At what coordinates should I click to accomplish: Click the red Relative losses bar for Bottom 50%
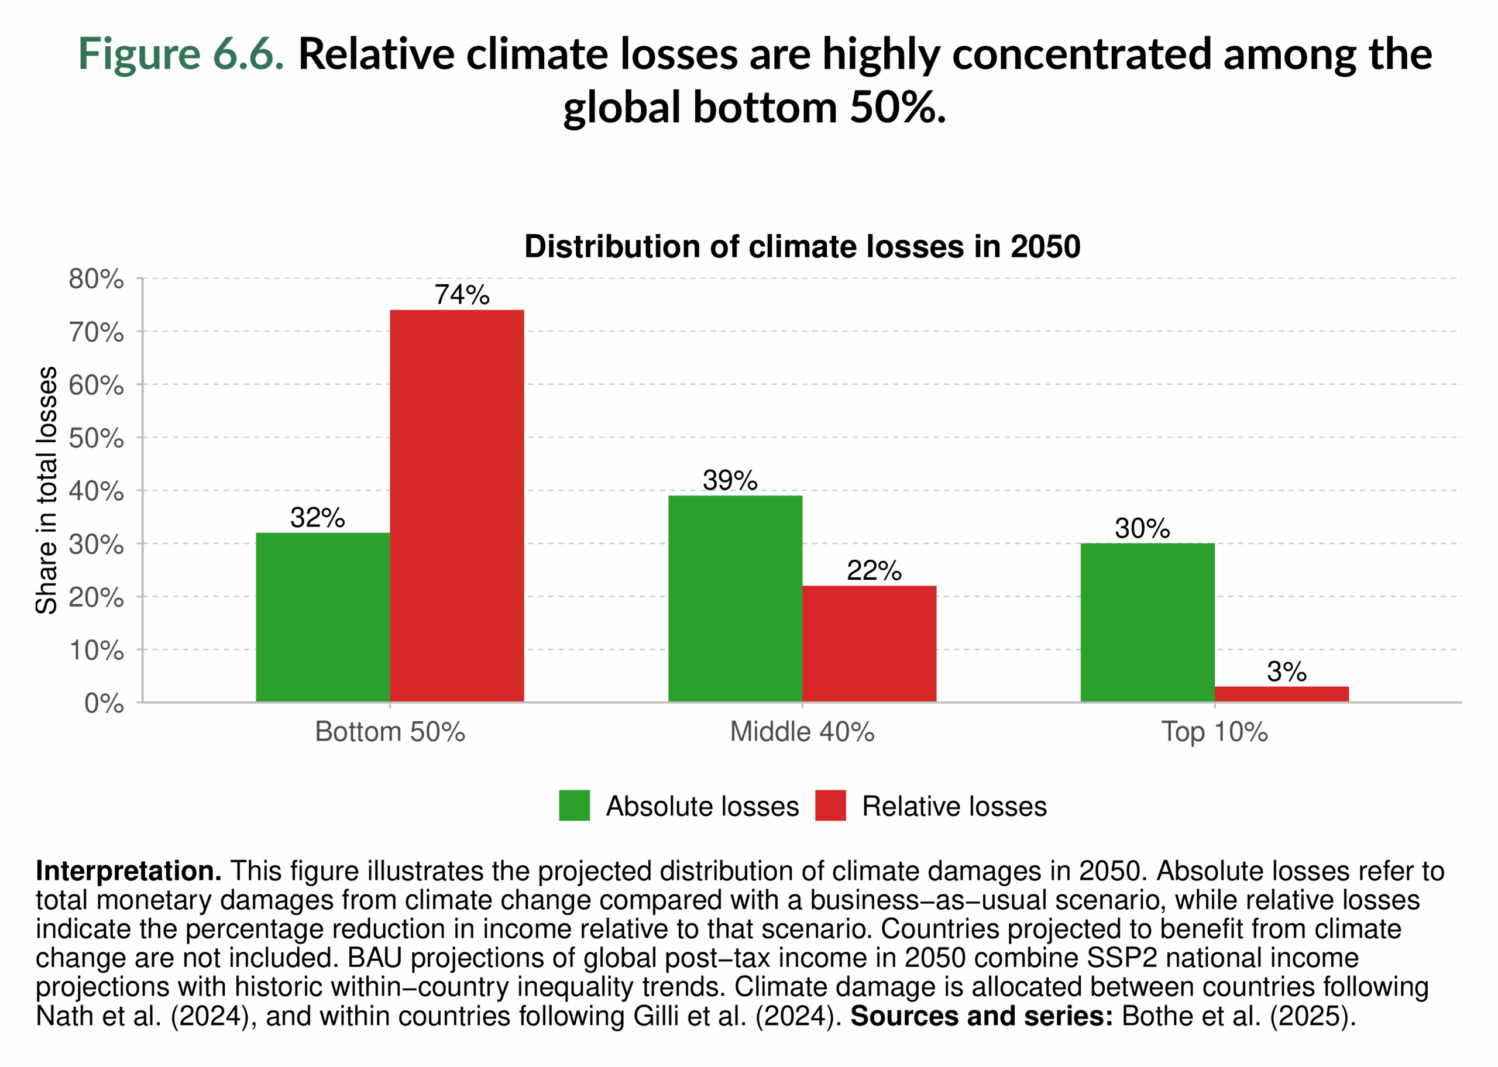pyautogui.click(x=456, y=506)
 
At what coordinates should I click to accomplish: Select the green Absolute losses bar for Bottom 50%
pyautogui.click(x=322, y=617)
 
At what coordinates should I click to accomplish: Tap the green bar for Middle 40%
pyautogui.click(x=734, y=598)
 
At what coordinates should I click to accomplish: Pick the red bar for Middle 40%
pyautogui.click(x=868, y=644)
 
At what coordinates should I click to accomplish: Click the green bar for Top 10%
pyautogui.click(x=1147, y=622)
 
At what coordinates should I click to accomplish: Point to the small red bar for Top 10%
pyautogui.click(x=1281, y=694)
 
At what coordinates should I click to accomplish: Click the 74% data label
pyautogui.click(x=462, y=295)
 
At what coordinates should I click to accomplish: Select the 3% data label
pyautogui.click(x=1286, y=672)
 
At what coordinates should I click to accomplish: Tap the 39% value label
pyautogui.click(x=729, y=480)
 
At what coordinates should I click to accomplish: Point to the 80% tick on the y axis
pyautogui.click(x=96, y=279)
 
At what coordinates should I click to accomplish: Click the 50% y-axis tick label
pyautogui.click(x=96, y=438)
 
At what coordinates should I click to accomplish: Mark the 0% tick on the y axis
pyautogui.click(x=104, y=704)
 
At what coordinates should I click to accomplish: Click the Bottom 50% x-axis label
pyautogui.click(x=390, y=732)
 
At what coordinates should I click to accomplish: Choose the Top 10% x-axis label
pyautogui.click(x=1214, y=732)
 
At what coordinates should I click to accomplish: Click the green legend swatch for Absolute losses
pyautogui.click(x=573, y=806)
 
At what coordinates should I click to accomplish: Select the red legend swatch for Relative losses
pyautogui.click(x=830, y=806)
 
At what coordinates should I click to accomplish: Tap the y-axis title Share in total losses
pyautogui.click(x=47, y=490)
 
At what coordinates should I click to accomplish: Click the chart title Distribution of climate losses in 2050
pyautogui.click(x=802, y=247)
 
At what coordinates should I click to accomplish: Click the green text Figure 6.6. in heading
pyautogui.click(x=181, y=54)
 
